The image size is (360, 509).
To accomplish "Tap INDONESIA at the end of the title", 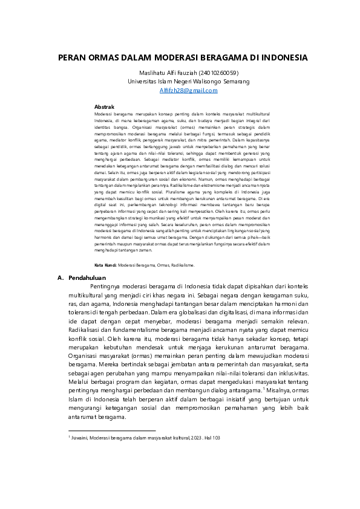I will pyautogui.click(x=282, y=58).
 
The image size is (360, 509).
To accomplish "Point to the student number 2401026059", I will pyautogui.click(x=217, y=73).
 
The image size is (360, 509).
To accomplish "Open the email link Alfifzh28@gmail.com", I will pyautogui.click(x=188, y=90).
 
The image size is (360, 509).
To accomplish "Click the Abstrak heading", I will pyautogui.click(x=105, y=106).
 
